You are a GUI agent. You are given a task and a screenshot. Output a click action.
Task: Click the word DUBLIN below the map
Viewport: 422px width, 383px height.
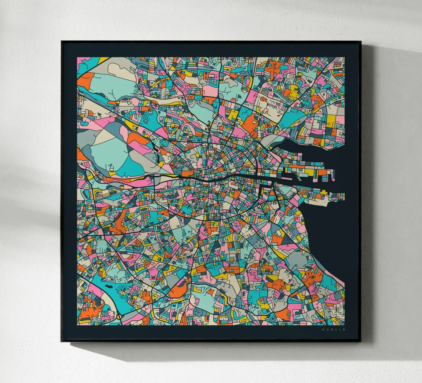pyautogui.click(x=334, y=330)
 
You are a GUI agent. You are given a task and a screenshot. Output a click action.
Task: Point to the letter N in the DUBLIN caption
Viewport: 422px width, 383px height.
pyautogui.click(x=344, y=330)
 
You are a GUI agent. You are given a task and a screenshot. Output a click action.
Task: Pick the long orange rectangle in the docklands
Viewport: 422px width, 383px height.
pyautogui.click(x=323, y=172)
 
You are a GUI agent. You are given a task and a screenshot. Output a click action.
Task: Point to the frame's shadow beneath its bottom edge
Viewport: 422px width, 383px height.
pyautogui.click(x=211, y=347)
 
